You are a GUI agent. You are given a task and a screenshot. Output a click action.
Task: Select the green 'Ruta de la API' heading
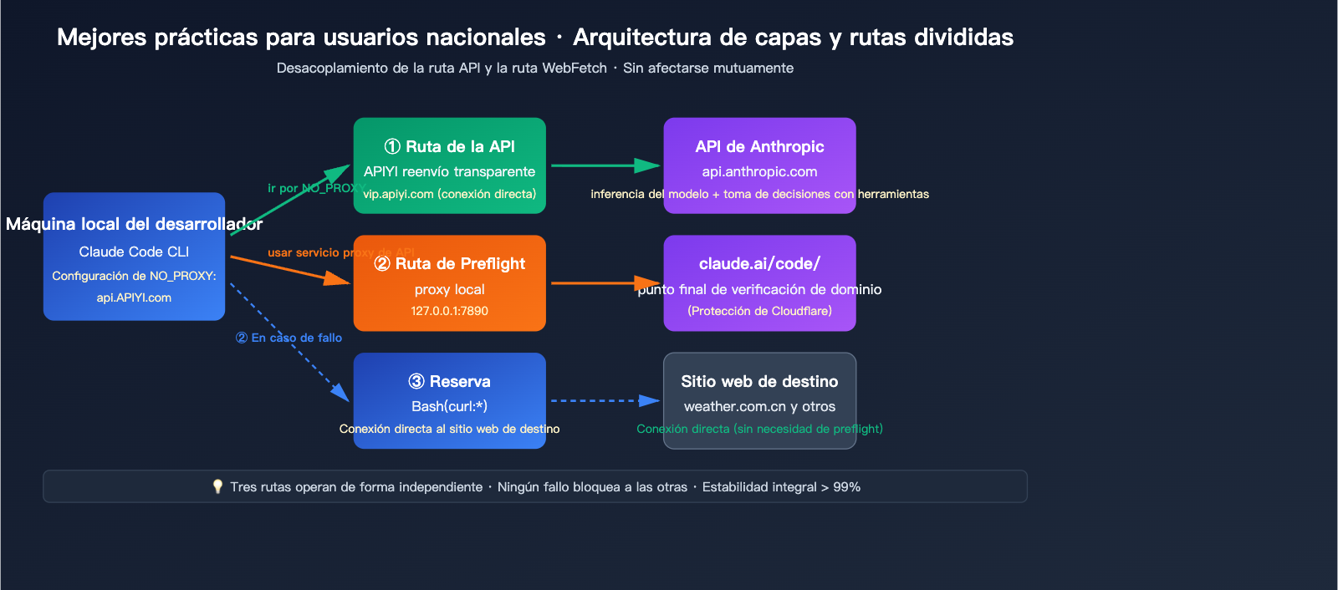pyautogui.click(x=450, y=147)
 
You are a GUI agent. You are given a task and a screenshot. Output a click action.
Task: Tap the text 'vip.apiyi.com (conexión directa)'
pyautogui.click(x=450, y=194)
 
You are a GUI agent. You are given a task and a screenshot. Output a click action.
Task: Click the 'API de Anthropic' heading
pyautogui.click(x=759, y=147)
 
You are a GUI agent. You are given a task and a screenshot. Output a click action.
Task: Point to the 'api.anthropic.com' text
pyautogui.click(x=759, y=171)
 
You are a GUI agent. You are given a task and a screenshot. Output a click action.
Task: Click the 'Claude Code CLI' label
pyautogui.click(x=134, y=252)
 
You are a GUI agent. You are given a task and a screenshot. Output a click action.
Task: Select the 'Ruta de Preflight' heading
pyautogui.click(x=450, y=264)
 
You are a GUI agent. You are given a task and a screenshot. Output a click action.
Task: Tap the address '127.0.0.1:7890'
pyautogui.click(x=450, y=311)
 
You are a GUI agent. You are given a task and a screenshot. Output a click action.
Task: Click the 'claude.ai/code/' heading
pyautogui.click(x=759, y=264)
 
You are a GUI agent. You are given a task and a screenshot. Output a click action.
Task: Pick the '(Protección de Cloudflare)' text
pyautogui.click(x=759, y=311)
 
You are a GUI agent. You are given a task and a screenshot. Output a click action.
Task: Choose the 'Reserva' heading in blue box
pyautogui.click(x=450, y=382)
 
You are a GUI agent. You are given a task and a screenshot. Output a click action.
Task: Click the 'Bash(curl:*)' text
pyautogui.click(x=450, y=406)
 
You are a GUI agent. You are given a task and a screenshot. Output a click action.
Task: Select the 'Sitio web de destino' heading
pyautogui.click(x=759, y=382)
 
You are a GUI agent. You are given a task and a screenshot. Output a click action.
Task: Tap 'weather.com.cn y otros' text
pyautogui.click(x=759, y=406)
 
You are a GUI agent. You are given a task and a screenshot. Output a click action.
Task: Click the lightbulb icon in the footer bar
pyautogui.click(x=217, y=486)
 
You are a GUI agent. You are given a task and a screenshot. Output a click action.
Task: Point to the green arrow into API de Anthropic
pyautogui.click(x=605, y=165)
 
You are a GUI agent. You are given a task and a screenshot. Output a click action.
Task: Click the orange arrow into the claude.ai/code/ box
pyautogui.click(x=605, y=283)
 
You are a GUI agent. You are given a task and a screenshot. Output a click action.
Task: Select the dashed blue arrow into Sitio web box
pyautogui.click(x=605, y=401)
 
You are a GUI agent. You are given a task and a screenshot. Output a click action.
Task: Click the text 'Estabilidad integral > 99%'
pyautogui.click(x=781, y=487)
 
